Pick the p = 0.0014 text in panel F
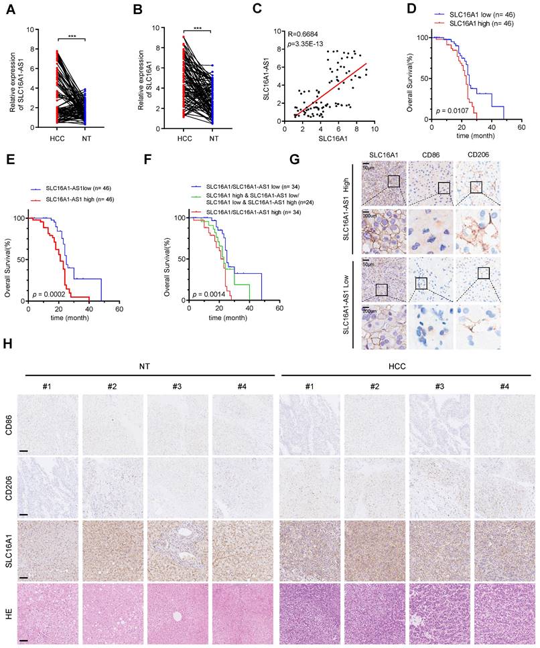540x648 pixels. (x=210, y=294)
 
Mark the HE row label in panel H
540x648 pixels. (x=8, y=612)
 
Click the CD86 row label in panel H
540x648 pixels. (x=7, y=424)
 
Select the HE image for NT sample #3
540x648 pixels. (x=178, y=613)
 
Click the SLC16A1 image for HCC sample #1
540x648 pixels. (x=310, y=550)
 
